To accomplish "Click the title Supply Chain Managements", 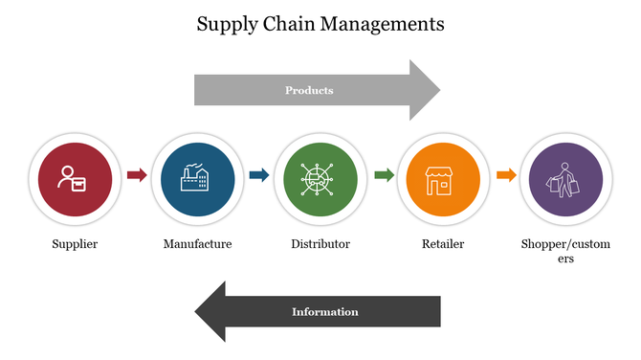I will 320,24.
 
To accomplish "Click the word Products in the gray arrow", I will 309,91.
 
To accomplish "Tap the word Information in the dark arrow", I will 324,312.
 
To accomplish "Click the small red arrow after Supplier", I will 137,175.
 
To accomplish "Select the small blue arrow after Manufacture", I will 259,175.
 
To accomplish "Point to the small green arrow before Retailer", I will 383,175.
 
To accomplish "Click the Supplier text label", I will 75,244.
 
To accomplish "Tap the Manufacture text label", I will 197,244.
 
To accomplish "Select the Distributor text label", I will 320,244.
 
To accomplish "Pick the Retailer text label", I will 443,244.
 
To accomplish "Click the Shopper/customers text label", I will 565,251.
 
